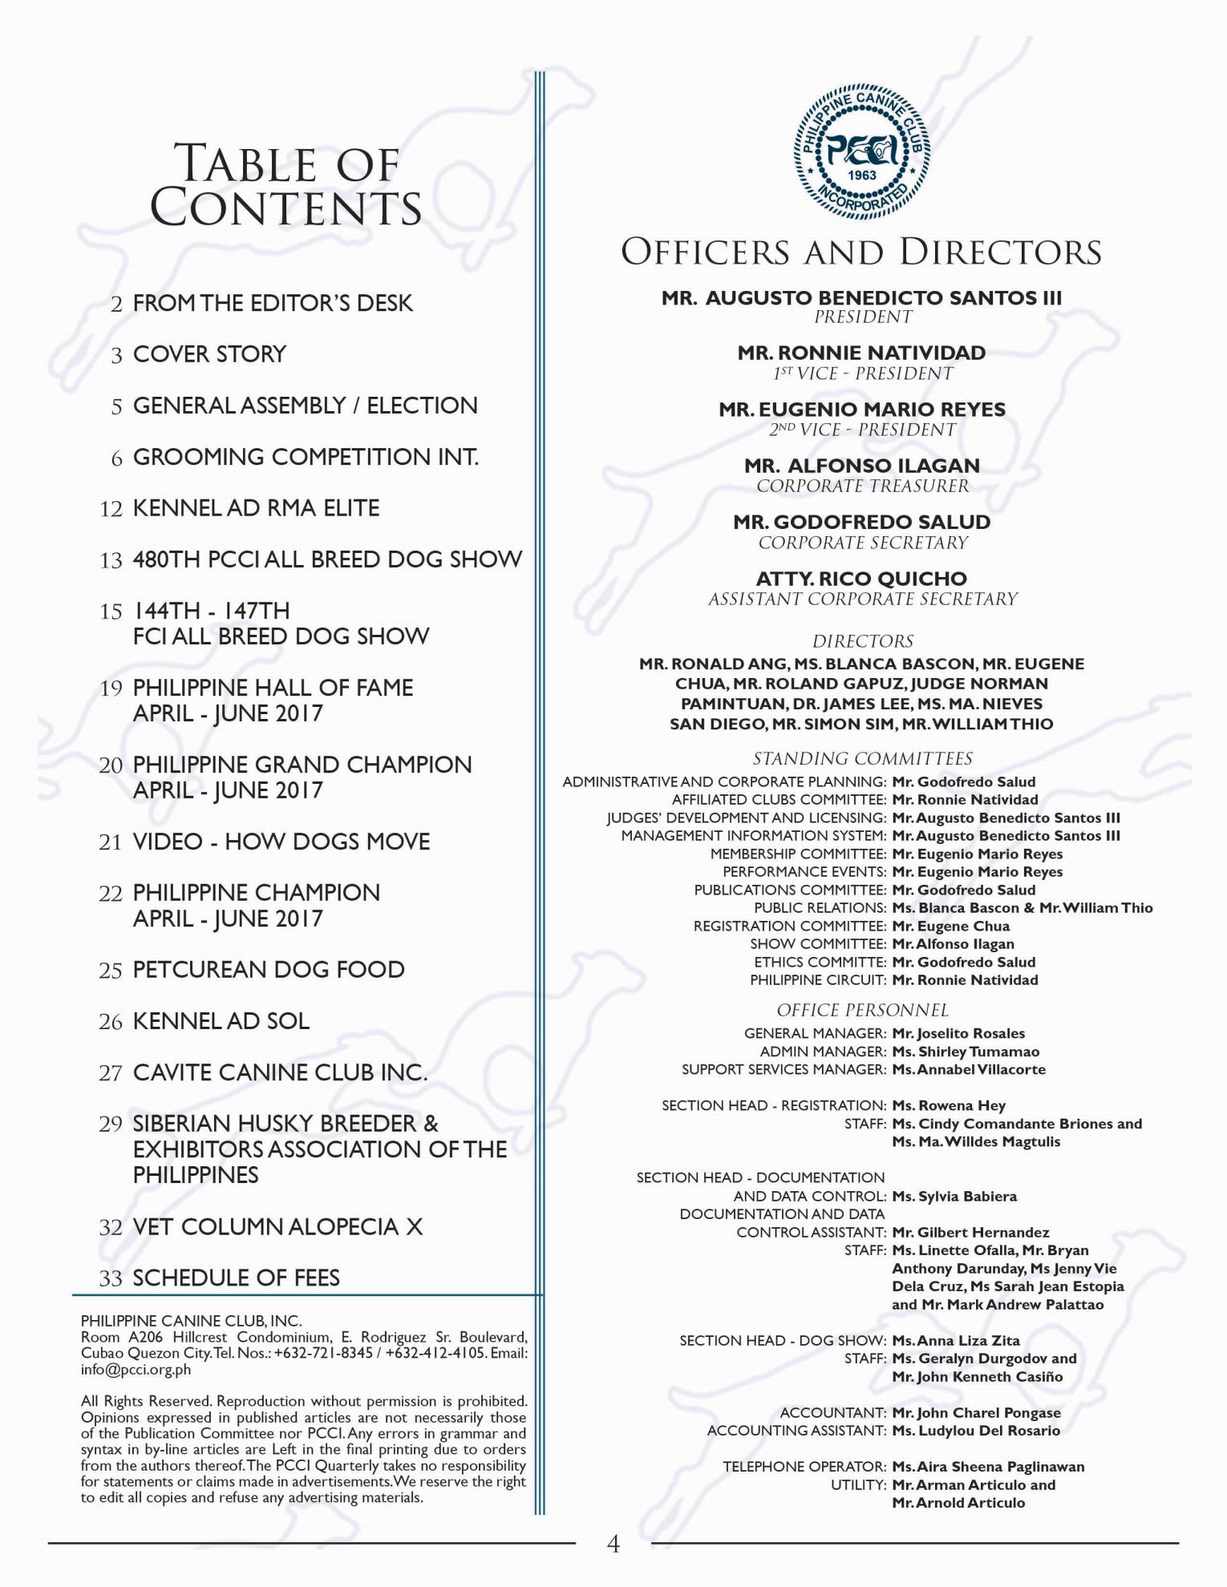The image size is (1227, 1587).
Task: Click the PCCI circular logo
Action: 862,152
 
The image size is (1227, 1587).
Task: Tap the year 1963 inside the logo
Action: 862,176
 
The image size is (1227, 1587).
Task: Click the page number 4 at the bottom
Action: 613,1544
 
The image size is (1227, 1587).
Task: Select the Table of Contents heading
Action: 286,185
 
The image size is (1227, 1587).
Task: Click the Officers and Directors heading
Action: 861,252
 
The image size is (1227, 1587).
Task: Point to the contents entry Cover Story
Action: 209,354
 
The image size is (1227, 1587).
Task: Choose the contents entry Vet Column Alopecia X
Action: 277,1226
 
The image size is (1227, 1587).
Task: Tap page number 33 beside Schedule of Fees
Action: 110,1278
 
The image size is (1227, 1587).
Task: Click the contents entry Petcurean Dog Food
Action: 269,970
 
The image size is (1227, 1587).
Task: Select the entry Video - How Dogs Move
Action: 281,842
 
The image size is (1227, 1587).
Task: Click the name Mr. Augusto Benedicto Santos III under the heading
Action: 861,298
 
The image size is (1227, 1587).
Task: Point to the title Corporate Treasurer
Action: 862,486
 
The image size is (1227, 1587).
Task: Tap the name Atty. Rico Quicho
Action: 861,579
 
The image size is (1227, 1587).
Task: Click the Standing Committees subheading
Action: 862,758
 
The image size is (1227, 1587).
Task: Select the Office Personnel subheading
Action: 862,1010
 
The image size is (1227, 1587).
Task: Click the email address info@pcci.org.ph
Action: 136,1369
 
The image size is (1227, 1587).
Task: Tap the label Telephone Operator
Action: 804,1467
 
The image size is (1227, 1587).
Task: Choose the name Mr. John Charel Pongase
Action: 976,1412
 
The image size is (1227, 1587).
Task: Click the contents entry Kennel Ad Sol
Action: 221,1021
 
